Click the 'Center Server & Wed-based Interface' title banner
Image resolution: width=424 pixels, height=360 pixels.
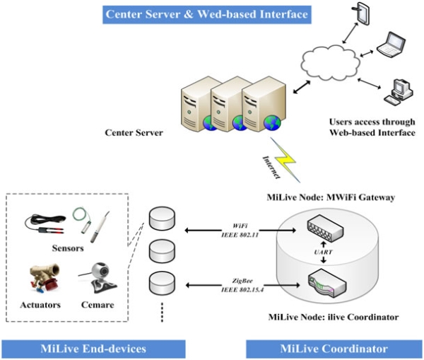[199, 13]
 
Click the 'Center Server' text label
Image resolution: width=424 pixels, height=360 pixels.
[135, 132]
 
